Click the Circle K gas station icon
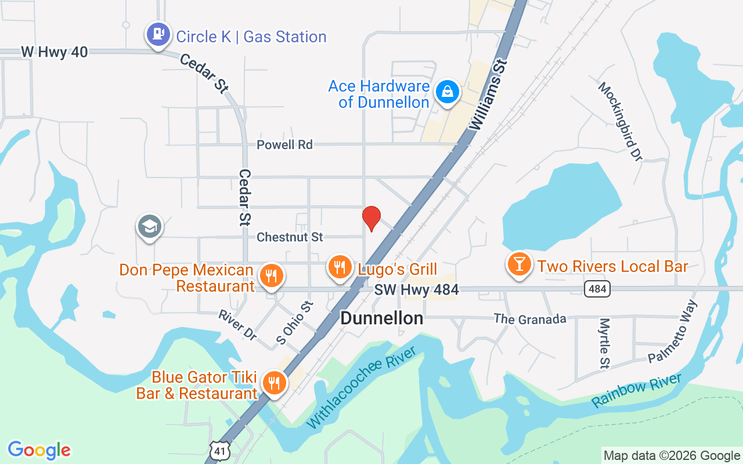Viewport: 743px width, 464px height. [157, 34]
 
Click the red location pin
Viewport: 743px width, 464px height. [371, 218]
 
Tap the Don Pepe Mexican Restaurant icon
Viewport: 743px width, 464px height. [270, 275]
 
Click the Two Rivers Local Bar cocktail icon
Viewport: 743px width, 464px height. [519, 264]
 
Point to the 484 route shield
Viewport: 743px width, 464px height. [597, 289]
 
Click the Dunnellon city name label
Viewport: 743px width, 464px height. [381, 318]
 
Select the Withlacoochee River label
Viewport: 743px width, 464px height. [362, 386]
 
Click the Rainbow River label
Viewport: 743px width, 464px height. [637, 390]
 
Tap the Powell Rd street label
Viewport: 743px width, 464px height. [284, 144]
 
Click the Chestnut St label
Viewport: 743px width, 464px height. [290, 237]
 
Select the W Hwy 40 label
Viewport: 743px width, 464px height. [55, 52]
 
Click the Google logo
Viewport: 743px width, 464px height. [39, 450]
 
